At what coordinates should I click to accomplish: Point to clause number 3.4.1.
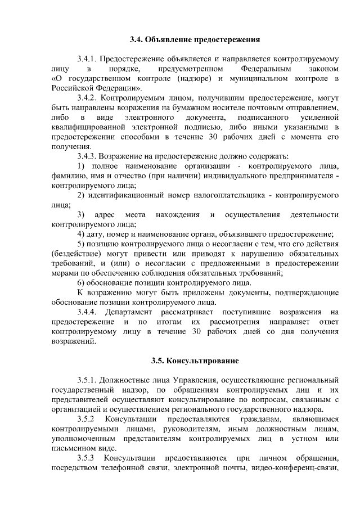(x=88, y=58)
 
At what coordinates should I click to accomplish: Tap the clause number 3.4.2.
(x=88, y=98)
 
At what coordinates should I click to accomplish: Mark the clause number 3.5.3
(x=87, y=458)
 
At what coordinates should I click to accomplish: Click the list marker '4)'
(x=81, y=233)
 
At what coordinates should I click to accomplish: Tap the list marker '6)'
(x=81, y=282)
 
